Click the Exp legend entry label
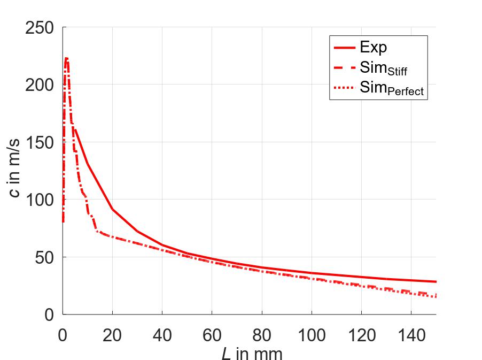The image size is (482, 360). tap(373, 48)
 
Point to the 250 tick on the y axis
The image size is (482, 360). tap(41, 28)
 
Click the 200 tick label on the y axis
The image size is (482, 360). tap(41, 85)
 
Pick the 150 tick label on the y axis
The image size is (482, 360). tap(41, 142)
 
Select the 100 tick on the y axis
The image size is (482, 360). tap(41, 200)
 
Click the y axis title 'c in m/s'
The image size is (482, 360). tap(15, 171)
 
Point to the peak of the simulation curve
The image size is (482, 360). tap(66, 58)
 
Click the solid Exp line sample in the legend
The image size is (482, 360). tap(344, 48)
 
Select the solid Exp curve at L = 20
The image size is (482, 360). tap(112, 209)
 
